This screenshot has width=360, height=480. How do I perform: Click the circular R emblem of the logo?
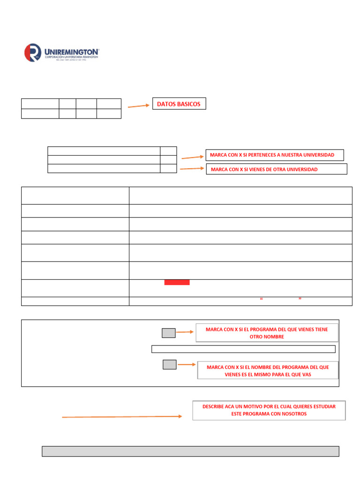pos(32,52)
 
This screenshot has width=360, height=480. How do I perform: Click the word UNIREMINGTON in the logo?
pos(71,50)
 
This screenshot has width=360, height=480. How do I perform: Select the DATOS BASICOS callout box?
pos(179,104)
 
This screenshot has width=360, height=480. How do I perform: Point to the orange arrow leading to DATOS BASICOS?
pos(138,106)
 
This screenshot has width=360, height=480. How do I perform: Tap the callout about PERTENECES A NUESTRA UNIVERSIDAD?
pos(274,155)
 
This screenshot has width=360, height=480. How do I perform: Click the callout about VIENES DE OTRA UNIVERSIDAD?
pos(277,169)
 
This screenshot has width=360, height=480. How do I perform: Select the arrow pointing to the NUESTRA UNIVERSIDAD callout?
pos(193,157)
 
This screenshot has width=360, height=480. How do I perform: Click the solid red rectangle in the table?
pos(177,282)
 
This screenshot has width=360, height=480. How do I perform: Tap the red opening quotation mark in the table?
pos(260,299)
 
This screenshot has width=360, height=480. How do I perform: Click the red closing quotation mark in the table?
pos(300,299)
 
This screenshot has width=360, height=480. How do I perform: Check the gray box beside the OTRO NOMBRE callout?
pos(168,333)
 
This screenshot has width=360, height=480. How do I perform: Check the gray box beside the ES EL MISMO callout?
pos(169,364)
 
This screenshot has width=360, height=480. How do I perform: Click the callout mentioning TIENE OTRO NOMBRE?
pos(267,333)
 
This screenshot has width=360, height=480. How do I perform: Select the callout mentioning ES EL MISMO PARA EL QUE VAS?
pos(268,371)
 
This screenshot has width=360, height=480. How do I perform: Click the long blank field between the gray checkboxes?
pos(243,349)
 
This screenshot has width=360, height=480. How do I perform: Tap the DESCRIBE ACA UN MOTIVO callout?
pos(269,410)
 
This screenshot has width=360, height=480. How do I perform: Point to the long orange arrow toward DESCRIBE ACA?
pos(122,416)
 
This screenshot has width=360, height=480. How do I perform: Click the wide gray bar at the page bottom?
pos(190,451)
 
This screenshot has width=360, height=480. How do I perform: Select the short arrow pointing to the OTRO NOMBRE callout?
pos(185,332)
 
